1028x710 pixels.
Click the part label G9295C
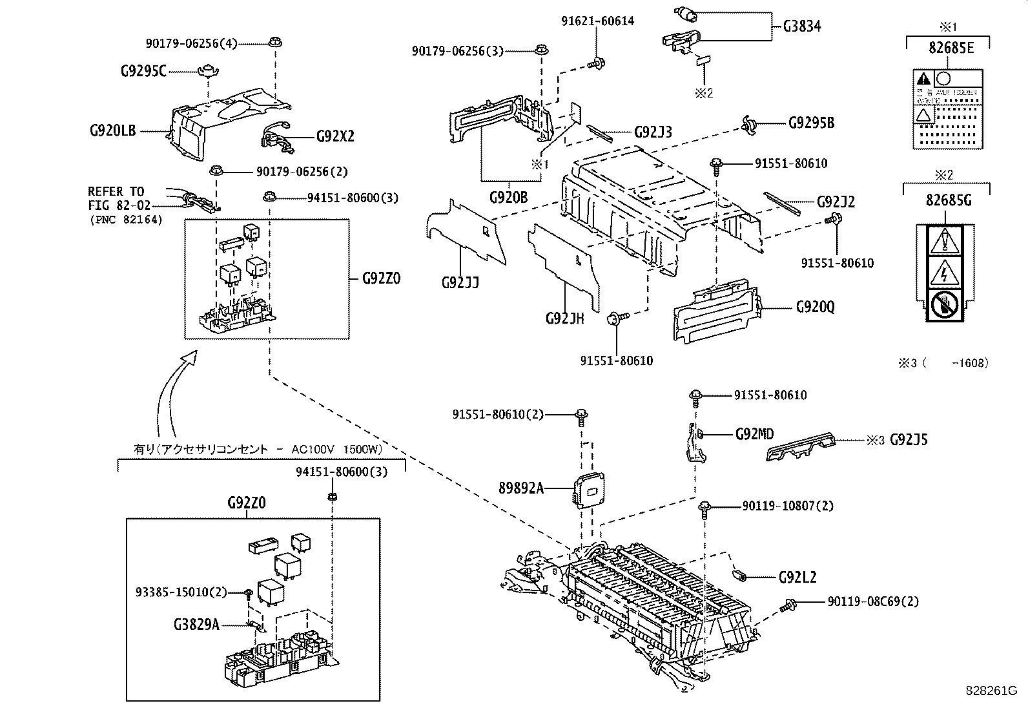pos(143,71)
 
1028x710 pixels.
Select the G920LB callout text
pos(113,131)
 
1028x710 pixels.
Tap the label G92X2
pos(335,137)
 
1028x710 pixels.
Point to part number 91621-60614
pos(597,21)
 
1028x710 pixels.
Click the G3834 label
pos(802,27)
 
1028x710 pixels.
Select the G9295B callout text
pos(811,123)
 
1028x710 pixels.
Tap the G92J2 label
pos(835,202)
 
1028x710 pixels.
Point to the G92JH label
pos(564,318)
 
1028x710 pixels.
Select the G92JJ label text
pos(460,282)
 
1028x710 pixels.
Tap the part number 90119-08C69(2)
pos(873,601)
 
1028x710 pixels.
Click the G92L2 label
pos(797,576)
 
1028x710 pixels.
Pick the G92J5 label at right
pos(909,440)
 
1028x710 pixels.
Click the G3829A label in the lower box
pos(196,625)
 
